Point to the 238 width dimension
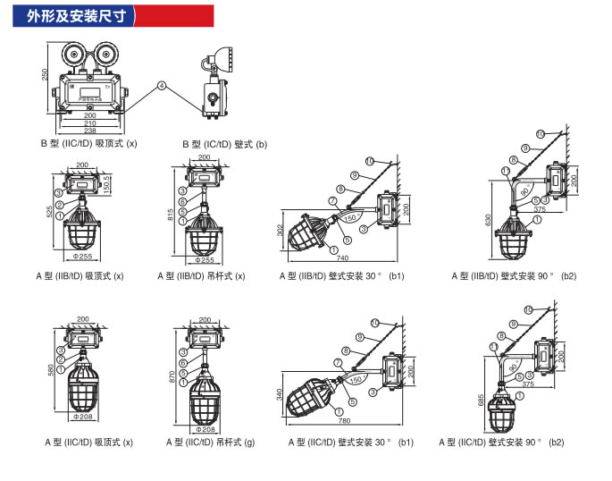pos(90,131)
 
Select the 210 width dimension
pos(90,122)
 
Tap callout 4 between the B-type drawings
pos(162,86)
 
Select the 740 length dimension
pos(343,259)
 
